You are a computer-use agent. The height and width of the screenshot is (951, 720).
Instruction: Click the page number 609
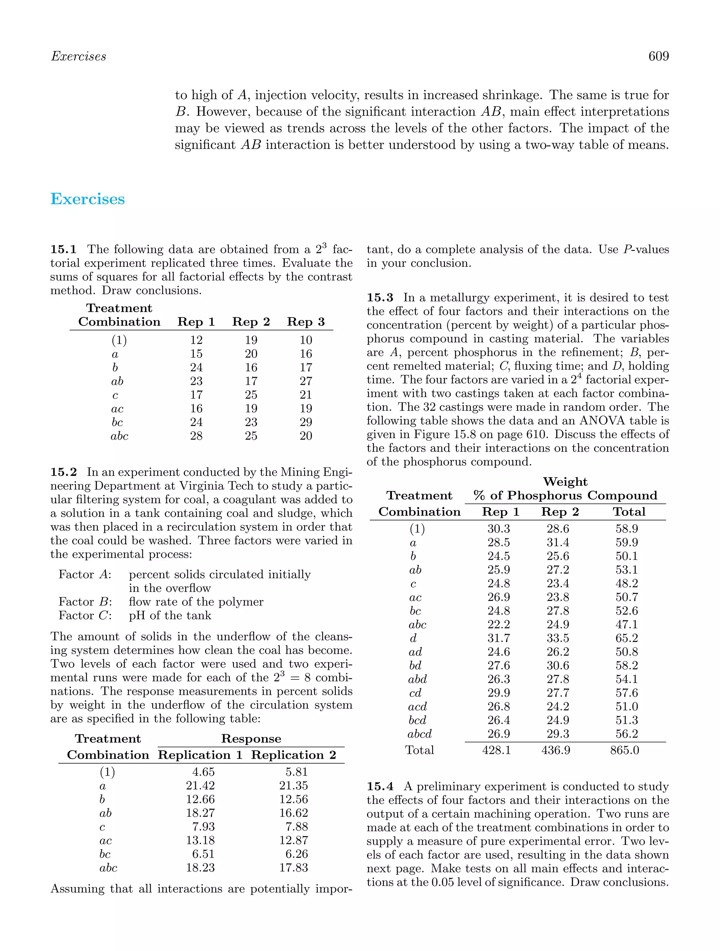click(x=658, y=56)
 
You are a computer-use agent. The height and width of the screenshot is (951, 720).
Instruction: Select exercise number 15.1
click(x=63, y=250)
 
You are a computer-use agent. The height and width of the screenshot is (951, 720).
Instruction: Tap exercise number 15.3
click(x=380, y=298)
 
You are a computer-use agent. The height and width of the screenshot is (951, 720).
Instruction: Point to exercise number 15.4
click(x=380, y=786)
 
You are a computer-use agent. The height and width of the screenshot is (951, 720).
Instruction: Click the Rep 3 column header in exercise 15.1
click(x=306, y=322)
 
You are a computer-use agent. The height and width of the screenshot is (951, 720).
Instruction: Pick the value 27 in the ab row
click(x=306, y=381)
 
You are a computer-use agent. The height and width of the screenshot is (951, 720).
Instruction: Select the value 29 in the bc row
click(x=306, y=422)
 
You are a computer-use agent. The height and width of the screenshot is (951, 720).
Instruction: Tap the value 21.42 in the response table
click(x=200, y=785)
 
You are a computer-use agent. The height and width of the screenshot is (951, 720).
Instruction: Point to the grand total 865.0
click(x=624, y=750)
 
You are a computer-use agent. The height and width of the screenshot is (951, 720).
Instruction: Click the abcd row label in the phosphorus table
click(x=419, y=734)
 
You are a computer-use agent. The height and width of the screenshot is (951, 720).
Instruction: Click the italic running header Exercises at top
click(x=78, y=56)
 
